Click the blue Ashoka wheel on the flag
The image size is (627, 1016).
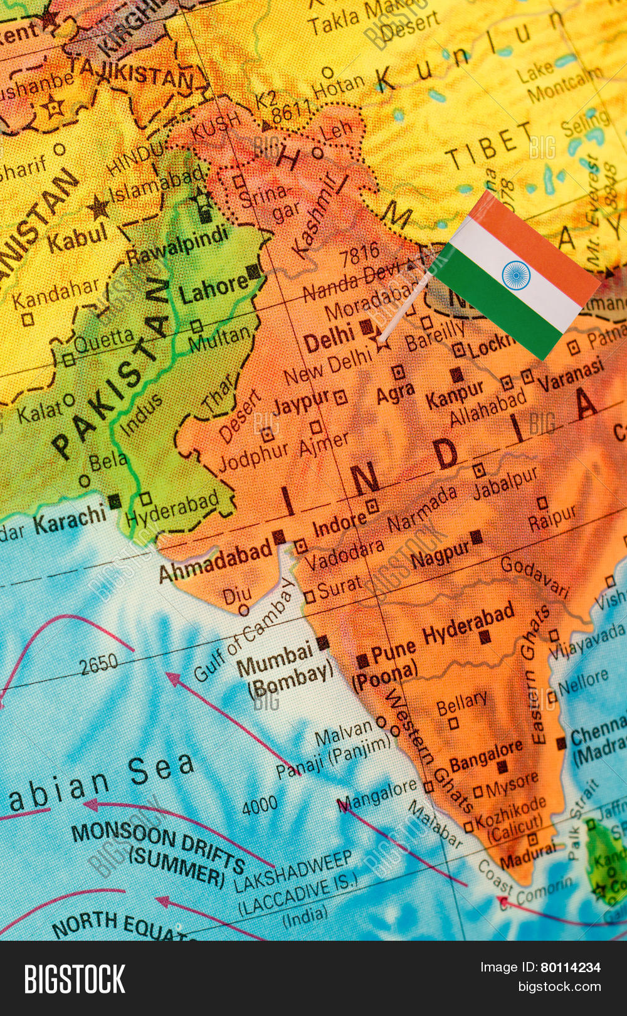[516, 275]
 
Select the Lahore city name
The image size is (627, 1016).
[213, 289]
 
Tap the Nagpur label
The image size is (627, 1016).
[440, 554]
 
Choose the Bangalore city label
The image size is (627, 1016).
[486, 756]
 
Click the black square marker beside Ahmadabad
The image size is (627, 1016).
[279, 537]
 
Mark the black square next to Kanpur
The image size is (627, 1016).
[457, 375]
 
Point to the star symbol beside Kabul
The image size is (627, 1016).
[98, 207]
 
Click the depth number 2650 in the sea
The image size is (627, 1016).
[98, 664]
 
